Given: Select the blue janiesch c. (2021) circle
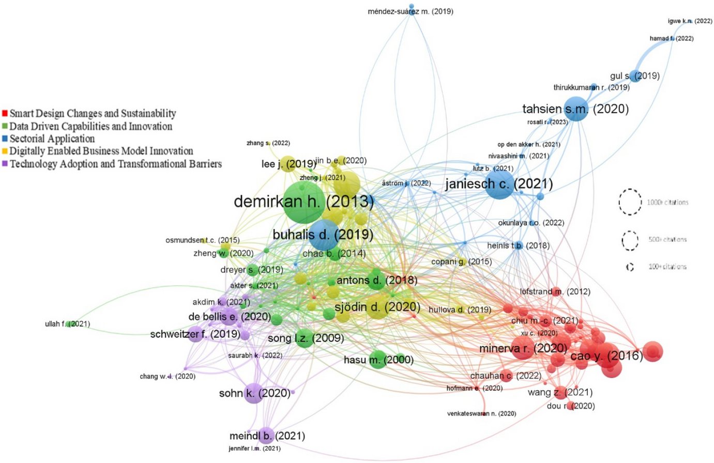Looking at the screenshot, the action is (499, 184).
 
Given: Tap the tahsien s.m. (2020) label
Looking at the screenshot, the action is (575, 109).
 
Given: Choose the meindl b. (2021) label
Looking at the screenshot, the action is (267, 436).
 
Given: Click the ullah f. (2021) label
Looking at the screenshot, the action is (67, 324).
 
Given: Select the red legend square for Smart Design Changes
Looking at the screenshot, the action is (5, 114).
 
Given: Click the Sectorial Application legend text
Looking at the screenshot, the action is (52, 139).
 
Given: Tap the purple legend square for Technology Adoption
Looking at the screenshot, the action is (5, 164).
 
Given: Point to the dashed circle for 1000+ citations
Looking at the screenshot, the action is (630, 202).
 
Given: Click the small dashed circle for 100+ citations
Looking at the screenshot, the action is (630, 267).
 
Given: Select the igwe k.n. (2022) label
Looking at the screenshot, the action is (690, 21).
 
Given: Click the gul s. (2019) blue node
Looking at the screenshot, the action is (635, 76).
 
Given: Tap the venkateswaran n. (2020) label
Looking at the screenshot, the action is (481, 413).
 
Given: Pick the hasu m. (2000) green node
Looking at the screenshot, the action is (377, 359).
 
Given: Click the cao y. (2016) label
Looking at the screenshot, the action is (606, 356).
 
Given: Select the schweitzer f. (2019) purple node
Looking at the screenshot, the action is (195, 334).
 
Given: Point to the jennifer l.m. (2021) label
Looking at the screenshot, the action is (254, 449).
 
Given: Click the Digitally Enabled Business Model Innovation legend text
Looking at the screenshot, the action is (101, 151).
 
